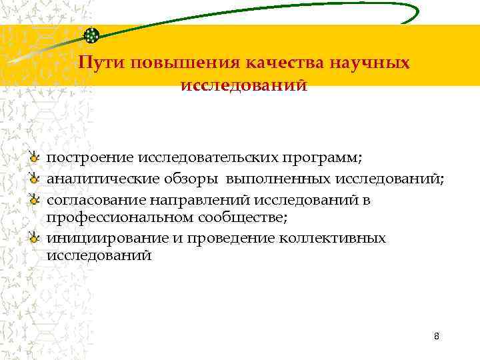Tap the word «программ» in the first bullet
pyautogui.click(x=325, y=158)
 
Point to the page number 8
pyautogui.click(x=436, y=336)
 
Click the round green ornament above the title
pyautogui.click(x=93, y=36)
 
